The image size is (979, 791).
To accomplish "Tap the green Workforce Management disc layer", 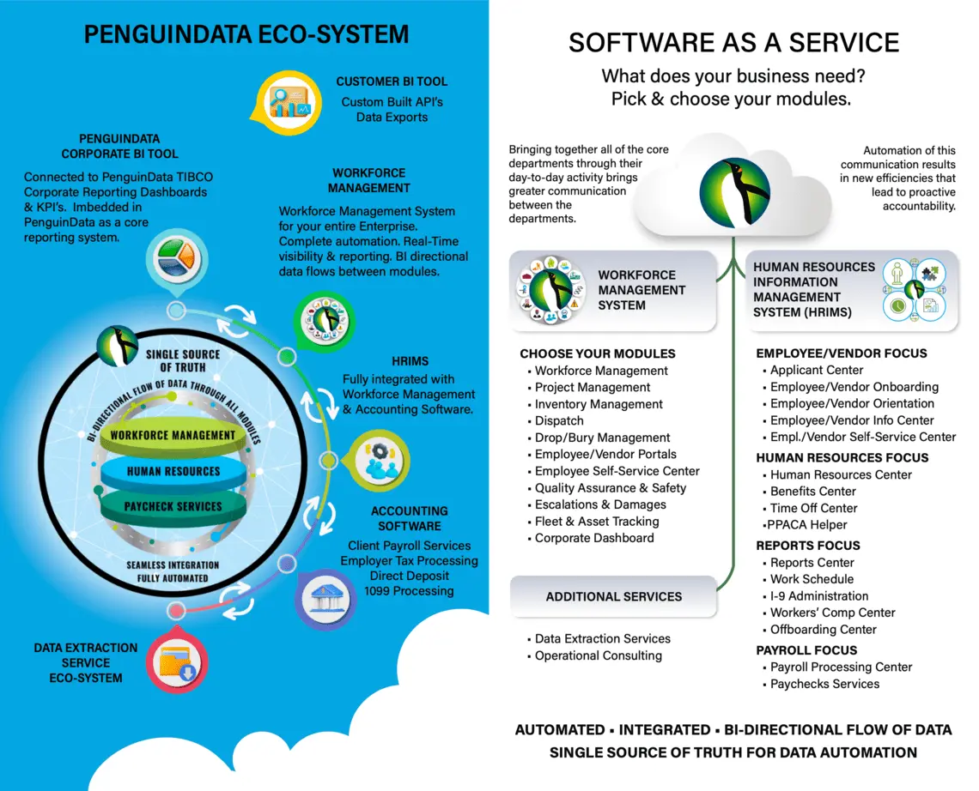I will coord(173,435).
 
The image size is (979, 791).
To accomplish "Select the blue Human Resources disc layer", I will coord(173,471).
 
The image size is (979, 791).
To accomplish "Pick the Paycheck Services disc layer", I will coord(173,506).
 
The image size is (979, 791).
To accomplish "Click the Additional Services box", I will coord(613,596).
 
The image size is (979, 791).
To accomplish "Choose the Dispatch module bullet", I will coord(558,420).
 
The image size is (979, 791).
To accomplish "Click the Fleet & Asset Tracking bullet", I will coord(596,521).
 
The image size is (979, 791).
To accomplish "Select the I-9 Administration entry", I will coord(818,595).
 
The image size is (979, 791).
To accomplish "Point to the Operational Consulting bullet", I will coord(598,655).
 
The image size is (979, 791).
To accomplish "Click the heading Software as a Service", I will coord(733,43).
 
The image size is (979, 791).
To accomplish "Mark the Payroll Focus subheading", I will coord(806,649).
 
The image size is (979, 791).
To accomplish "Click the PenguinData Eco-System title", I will coord(246,34).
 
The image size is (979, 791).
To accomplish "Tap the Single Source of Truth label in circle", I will coord(182,360).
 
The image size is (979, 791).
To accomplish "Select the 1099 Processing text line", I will coord(409,590).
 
